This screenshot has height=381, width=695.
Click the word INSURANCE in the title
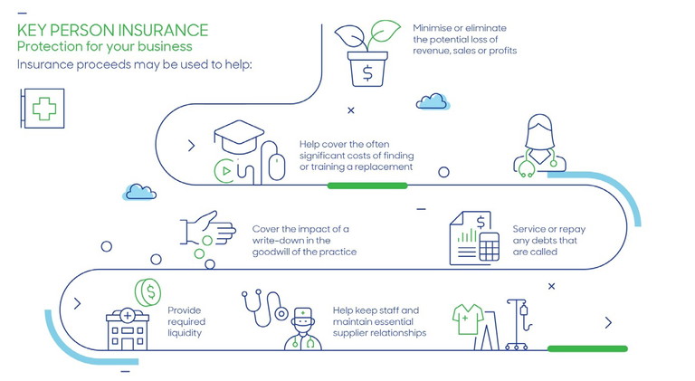pyautogui.click(x=163, y=30)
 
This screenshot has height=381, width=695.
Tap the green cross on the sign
pyautogui.click(x=44, y=109)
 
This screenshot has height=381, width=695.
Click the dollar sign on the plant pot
pyautogui.click(x=367, y=72)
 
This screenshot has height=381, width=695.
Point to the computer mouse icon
pyautogui.click(x=277, y=167)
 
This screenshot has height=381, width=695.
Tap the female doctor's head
pyautogui.click(x=539, y=131)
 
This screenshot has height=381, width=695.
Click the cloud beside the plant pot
pyautogui.click(x=433, y=101)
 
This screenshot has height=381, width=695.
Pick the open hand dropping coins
pyautogui.click(x=208, y=228)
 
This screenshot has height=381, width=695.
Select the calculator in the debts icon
pyautogui.click(x=489, y=247)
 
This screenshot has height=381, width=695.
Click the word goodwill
pyautogui.click(x=271, y=252)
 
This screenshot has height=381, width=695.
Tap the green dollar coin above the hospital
pyautogui.click(x=148, y=292)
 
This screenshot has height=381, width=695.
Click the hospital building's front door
pyautogui.click(x=128, y=345)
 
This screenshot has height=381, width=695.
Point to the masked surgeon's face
pyautogui.click(x=303, y=328)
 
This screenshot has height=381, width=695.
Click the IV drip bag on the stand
pyautogui.click(x=524, y=310)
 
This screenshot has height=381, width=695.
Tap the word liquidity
pyautogui.click(x=185, y=333)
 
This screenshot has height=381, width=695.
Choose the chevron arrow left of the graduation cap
pyautogui.click(x=192, y=146)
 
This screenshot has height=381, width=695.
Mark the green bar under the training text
pyautogui.click(x=367, y=186)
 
